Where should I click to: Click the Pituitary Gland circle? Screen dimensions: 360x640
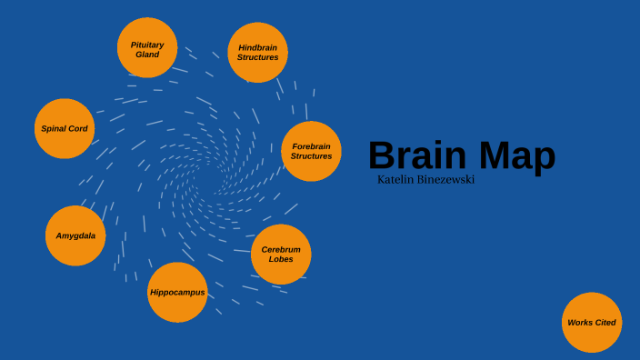pyautogui.click(x=147, y=48)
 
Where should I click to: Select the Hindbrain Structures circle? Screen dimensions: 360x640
pyautogui.click(x=258, y=53)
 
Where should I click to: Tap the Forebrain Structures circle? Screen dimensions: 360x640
pyautogui.click(x=311, y=151)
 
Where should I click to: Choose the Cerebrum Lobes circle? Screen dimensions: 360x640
pyautogui.click(x=281, y=254)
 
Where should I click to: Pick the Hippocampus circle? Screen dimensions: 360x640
pyautogui.click(x=177, y=293)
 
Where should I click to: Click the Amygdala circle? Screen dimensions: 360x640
pyautogui.click(x=75, y=235)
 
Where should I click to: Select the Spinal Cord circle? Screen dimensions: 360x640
pyautogui.click(x=65, y=129)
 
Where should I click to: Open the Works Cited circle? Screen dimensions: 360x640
pyautogui.click(x=592, y=323)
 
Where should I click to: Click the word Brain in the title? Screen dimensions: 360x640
pyautogui.click(x=416, y=155)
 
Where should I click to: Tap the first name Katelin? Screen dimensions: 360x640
pyautogui.click(x=397, y=180)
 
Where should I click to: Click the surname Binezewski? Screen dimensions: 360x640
pyautogui.click(x=446, y=180)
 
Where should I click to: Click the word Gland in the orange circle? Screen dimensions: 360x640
pyautogui.click(x=147, y=55)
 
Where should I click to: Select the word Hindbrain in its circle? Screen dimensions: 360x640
pyautogui.click(x=258, y=47)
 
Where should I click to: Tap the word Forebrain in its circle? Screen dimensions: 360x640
pyautogui.click(x=311, y=145)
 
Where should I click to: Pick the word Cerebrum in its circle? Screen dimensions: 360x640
pyautogui.click(x=281, y=249)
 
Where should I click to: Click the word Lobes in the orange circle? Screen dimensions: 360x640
pyautogui.click(x=281, y=259)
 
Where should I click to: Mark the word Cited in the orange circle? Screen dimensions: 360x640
pyautogui.click(x=605, y=323)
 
